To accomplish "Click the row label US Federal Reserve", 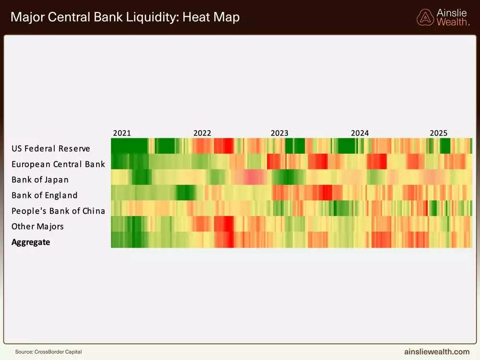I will click(x=51, y=149).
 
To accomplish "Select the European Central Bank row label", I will click(x=58, y=164).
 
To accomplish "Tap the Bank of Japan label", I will click(x=40, y=180).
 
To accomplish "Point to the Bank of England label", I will click(x=44, y=195).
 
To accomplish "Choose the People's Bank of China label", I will click(x=58, y=211).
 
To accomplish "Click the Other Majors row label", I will click(x=37, y=227).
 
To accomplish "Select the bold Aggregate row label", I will click(x=31, y=242).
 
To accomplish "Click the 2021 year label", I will click(x=121, y=133).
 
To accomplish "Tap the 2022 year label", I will click(x=202, y=133).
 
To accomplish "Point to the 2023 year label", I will click(x=279, y=133).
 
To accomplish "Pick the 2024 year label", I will click(x=360, y=133).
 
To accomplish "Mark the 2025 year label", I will click(x=438, y=133).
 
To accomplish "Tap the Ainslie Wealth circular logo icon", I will click(x=425, y=17).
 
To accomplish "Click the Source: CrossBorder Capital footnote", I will click(x=48, y=352).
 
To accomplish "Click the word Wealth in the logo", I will click(x=452, y=22).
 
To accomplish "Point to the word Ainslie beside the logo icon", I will click(x=451, y=12).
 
